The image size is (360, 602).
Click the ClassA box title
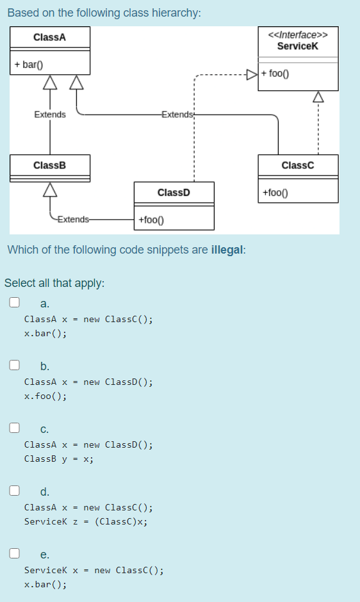pos(49,38)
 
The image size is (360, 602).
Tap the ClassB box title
pos(49,165)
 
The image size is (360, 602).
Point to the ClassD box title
pos(174,192)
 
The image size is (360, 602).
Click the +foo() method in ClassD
pos(151,220)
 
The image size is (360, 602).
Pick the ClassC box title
pos(298,165)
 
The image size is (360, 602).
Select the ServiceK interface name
pos(298,45)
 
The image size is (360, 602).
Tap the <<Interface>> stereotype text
pos(298,35)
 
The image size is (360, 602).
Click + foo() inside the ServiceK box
pos(276,73)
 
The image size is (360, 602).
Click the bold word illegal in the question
pos(227,250)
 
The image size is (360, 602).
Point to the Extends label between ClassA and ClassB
pos(49,115)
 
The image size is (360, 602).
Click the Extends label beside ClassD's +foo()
pos(74,220)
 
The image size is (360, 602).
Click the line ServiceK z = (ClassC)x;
pos(86,521)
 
